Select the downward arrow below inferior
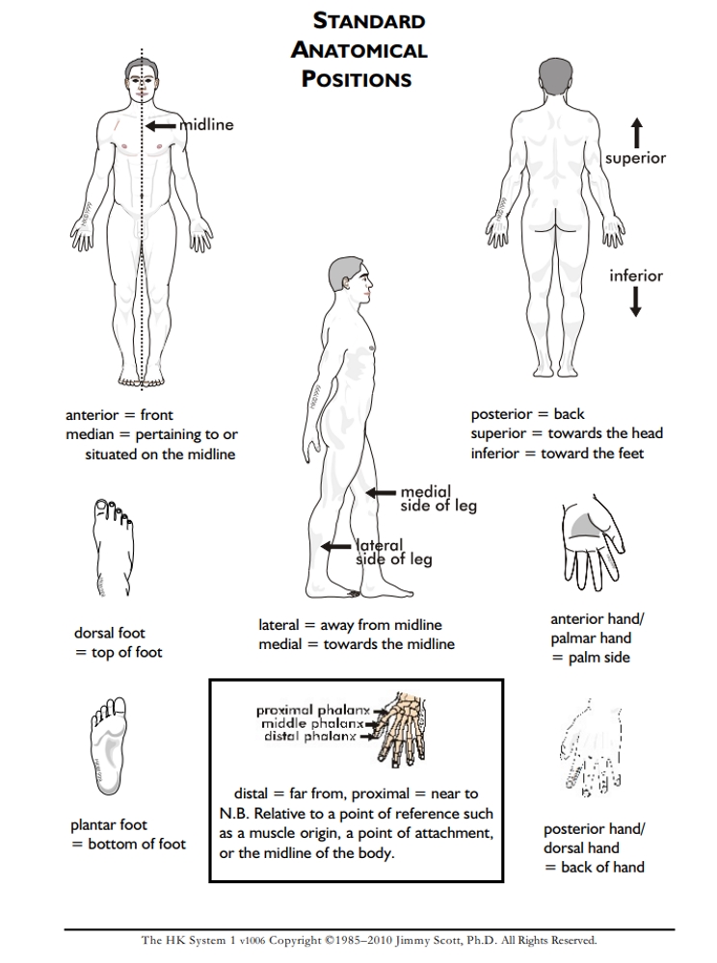pyautogui.click(x=636, y=302)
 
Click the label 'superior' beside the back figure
pyautogui.click(x=636, y=158)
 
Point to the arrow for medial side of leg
pyautogui.click(x=382, y=493)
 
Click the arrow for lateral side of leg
pyautogui.click(x=337, y=546)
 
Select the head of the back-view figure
pyautogui.click(x=554, y=76)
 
